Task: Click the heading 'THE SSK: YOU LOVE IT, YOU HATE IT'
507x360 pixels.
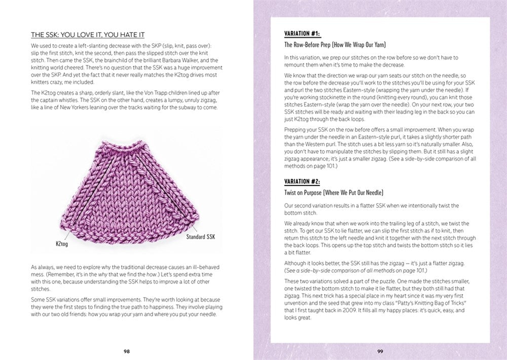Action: pyautogui.click(x=88, y=35)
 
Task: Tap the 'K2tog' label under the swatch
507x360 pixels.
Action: pyautogui.click(x=62, y=244)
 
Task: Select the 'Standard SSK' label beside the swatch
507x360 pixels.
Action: pyautogui.click(x=201, y=237)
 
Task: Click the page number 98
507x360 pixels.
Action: pyautogui.click(x=126, y=350)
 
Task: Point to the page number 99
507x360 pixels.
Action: pyautogui.click(x=380, y=350)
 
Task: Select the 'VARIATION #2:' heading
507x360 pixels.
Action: pyautogui.click(x=302, y=182)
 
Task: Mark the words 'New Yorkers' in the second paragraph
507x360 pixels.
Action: pyautogui.click(x=77, y=107)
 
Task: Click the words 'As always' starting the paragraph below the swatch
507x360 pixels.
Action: pyautogui.click(x=42, y=267)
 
